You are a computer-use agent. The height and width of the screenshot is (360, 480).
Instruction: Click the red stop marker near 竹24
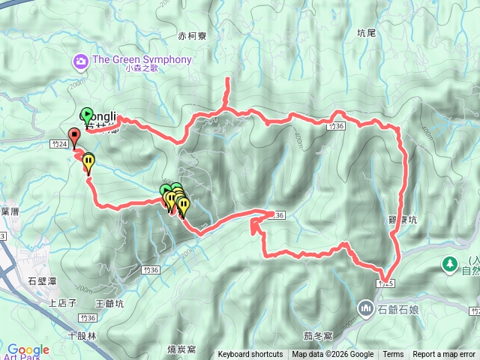tap(73, 136)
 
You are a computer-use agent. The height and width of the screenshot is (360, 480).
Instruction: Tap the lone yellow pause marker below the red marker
tap(89, 160)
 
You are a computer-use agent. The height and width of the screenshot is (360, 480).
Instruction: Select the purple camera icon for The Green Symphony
tap(80, 60)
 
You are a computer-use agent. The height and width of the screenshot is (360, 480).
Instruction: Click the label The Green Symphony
tap(142, 60)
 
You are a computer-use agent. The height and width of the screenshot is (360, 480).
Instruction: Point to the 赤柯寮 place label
tap(192, 35)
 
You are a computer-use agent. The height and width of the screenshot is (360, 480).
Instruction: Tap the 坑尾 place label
tap(366, 33)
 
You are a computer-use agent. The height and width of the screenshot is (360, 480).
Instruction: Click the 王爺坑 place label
tap(110, 303)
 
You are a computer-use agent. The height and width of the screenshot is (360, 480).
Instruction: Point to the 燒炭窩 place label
tap(182, 349)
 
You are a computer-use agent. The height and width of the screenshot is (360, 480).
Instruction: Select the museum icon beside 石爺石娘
tap(366, 307)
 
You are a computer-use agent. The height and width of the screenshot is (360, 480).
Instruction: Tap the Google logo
tap(28, 349)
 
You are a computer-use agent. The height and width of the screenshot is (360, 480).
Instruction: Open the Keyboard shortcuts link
tap(250, 355)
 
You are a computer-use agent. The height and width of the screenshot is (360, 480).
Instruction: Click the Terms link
tap(393, 355)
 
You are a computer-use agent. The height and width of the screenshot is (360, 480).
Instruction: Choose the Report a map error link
tap(445, 355)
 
